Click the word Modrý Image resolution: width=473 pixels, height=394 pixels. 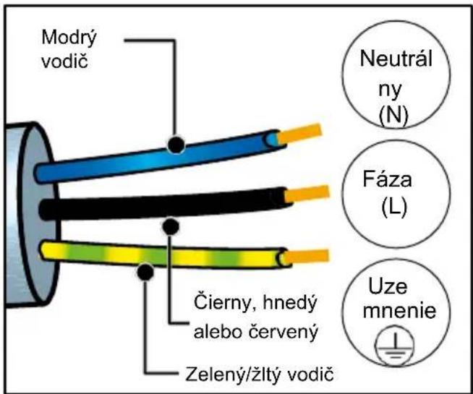[x=69, y=38]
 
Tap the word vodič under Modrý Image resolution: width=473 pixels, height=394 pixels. [x=65, y=61]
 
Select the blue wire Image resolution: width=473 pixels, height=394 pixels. [x=160, y=157]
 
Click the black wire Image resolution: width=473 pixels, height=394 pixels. [x=166, y=203]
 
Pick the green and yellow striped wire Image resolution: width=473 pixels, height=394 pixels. [x=164, y=255]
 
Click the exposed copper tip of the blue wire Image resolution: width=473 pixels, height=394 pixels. [x=299, y=134]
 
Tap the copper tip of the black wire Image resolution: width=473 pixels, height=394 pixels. [x=307, y=194]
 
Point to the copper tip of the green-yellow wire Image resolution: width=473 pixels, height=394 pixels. [x=307, y=256]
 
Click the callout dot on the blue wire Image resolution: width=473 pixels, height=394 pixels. [x=176, y=145]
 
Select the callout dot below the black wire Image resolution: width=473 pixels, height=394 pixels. [x=171, y=227]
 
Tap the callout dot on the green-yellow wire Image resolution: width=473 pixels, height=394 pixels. [x=145, y=272]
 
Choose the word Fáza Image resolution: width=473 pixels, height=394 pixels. [x=387, y=179]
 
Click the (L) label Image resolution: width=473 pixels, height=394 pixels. [x=394, y=207]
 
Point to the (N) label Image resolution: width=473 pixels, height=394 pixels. [x=393, y=116]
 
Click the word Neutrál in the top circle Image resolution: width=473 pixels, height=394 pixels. [x=396, y=58]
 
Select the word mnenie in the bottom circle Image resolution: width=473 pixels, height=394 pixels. [x=399, y=310]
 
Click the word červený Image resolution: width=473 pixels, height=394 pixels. [x=283, y=332]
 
